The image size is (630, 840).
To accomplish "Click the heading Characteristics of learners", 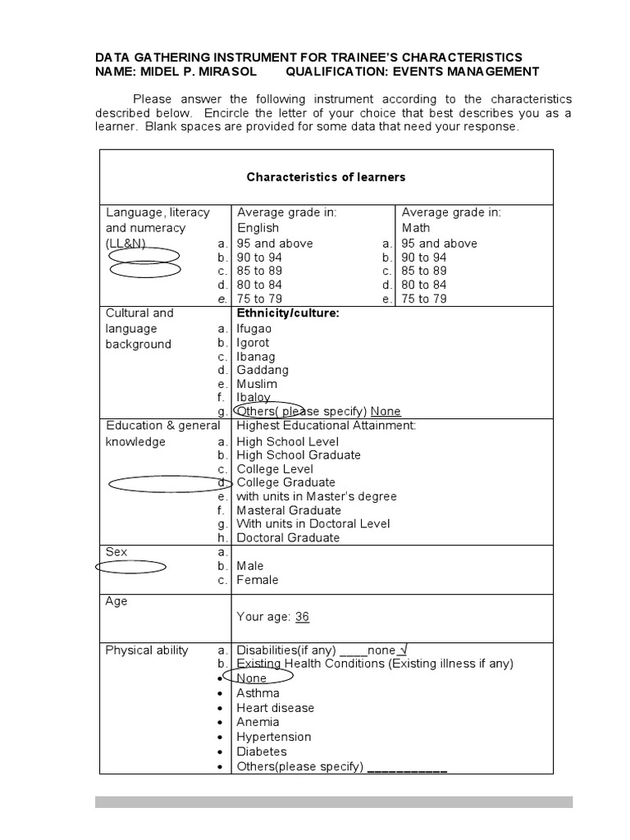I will pyautogui.click(x=326, y=177).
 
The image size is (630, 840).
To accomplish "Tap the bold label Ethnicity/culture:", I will pyautogui.click(x=288, y=313).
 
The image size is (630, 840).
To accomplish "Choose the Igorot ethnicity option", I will pyautogui.click(x=253, y=343).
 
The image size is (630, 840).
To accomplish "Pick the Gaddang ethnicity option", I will pyautogui.click(x=262, y=370).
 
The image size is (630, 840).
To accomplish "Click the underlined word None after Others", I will pyautogui.click(x=386, y=411).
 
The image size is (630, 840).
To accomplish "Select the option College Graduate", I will pyautogui.click(x=285, y=482).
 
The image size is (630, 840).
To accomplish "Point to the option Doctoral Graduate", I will pyautogui.click(x=287, y=538).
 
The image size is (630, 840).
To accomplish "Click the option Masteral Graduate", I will pyautogui.click(x=288, y=510).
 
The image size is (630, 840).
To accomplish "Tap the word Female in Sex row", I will pyautogui.click(x=258, y=580).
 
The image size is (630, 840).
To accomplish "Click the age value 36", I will pyautogui.click(x=302, y=617).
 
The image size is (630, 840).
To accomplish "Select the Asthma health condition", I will pyautogui.click(x=258, y=693).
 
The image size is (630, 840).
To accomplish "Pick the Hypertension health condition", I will pyautogui.click(x=274, y=737).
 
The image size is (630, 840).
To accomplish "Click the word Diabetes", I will pyautogui.click(x=262, y=751).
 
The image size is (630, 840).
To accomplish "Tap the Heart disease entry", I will pyautogui.click(x=275, y=708).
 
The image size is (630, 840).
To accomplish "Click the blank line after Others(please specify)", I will pyautogui.click(x=407, y=768).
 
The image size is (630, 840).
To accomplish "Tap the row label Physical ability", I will pyautogui.click(x=147, y=651).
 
